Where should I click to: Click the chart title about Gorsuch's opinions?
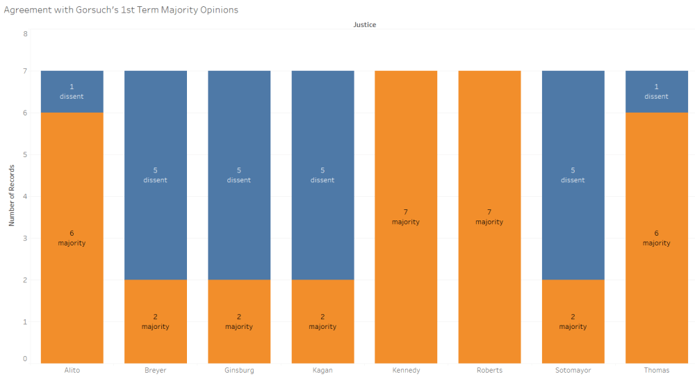coord(121,10)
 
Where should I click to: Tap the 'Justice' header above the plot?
coord(364,25)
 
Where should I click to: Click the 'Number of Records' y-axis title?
coord(12,195)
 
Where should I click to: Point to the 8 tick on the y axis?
coord(25,33)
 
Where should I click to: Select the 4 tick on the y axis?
coord(25,196)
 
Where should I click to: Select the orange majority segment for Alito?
coord(72,278)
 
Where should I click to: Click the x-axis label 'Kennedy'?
coord(406,370)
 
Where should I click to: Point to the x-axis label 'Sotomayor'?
coord(573,370)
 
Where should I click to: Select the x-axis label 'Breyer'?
coord(156,370)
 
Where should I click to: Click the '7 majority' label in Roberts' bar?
coord(489,217)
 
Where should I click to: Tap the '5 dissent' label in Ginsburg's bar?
coord(239,175)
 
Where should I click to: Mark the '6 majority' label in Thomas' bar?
coord(656,238)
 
